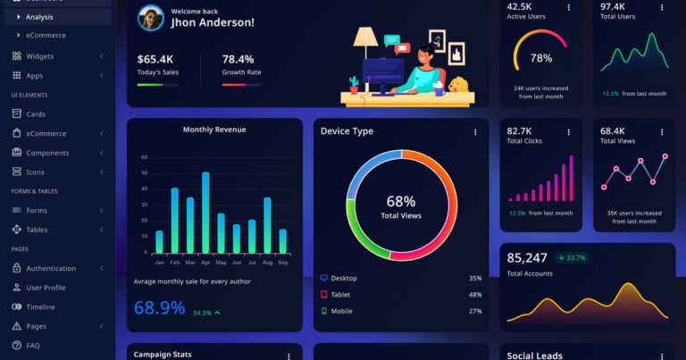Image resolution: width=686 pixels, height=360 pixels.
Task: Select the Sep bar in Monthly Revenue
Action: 283,241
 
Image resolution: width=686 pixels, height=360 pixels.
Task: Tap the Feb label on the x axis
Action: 174,263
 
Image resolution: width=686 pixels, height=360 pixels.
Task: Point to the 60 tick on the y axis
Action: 144,157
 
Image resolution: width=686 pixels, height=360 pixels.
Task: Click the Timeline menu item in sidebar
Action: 40,306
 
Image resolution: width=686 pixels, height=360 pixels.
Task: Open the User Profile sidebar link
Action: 46,288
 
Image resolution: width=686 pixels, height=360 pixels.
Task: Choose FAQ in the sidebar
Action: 33,345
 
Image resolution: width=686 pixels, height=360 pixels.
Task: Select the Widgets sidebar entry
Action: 39,56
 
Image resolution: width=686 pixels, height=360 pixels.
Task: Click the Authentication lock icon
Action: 16,268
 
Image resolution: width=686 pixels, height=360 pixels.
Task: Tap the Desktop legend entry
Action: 344,278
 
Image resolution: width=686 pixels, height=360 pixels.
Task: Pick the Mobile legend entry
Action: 342,311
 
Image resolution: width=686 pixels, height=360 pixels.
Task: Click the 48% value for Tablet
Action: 474,294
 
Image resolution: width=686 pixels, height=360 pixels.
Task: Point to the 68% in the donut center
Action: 401,201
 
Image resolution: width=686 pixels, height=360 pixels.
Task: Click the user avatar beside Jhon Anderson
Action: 151,17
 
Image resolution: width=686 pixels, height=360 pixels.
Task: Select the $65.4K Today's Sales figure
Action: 155,59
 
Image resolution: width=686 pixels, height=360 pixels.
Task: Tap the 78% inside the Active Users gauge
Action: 541,58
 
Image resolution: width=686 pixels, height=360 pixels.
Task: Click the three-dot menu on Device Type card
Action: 475,132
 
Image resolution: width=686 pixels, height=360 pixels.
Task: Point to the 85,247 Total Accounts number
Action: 527,258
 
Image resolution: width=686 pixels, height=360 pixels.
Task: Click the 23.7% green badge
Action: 572,258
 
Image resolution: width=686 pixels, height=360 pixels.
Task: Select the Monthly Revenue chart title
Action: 214,130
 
